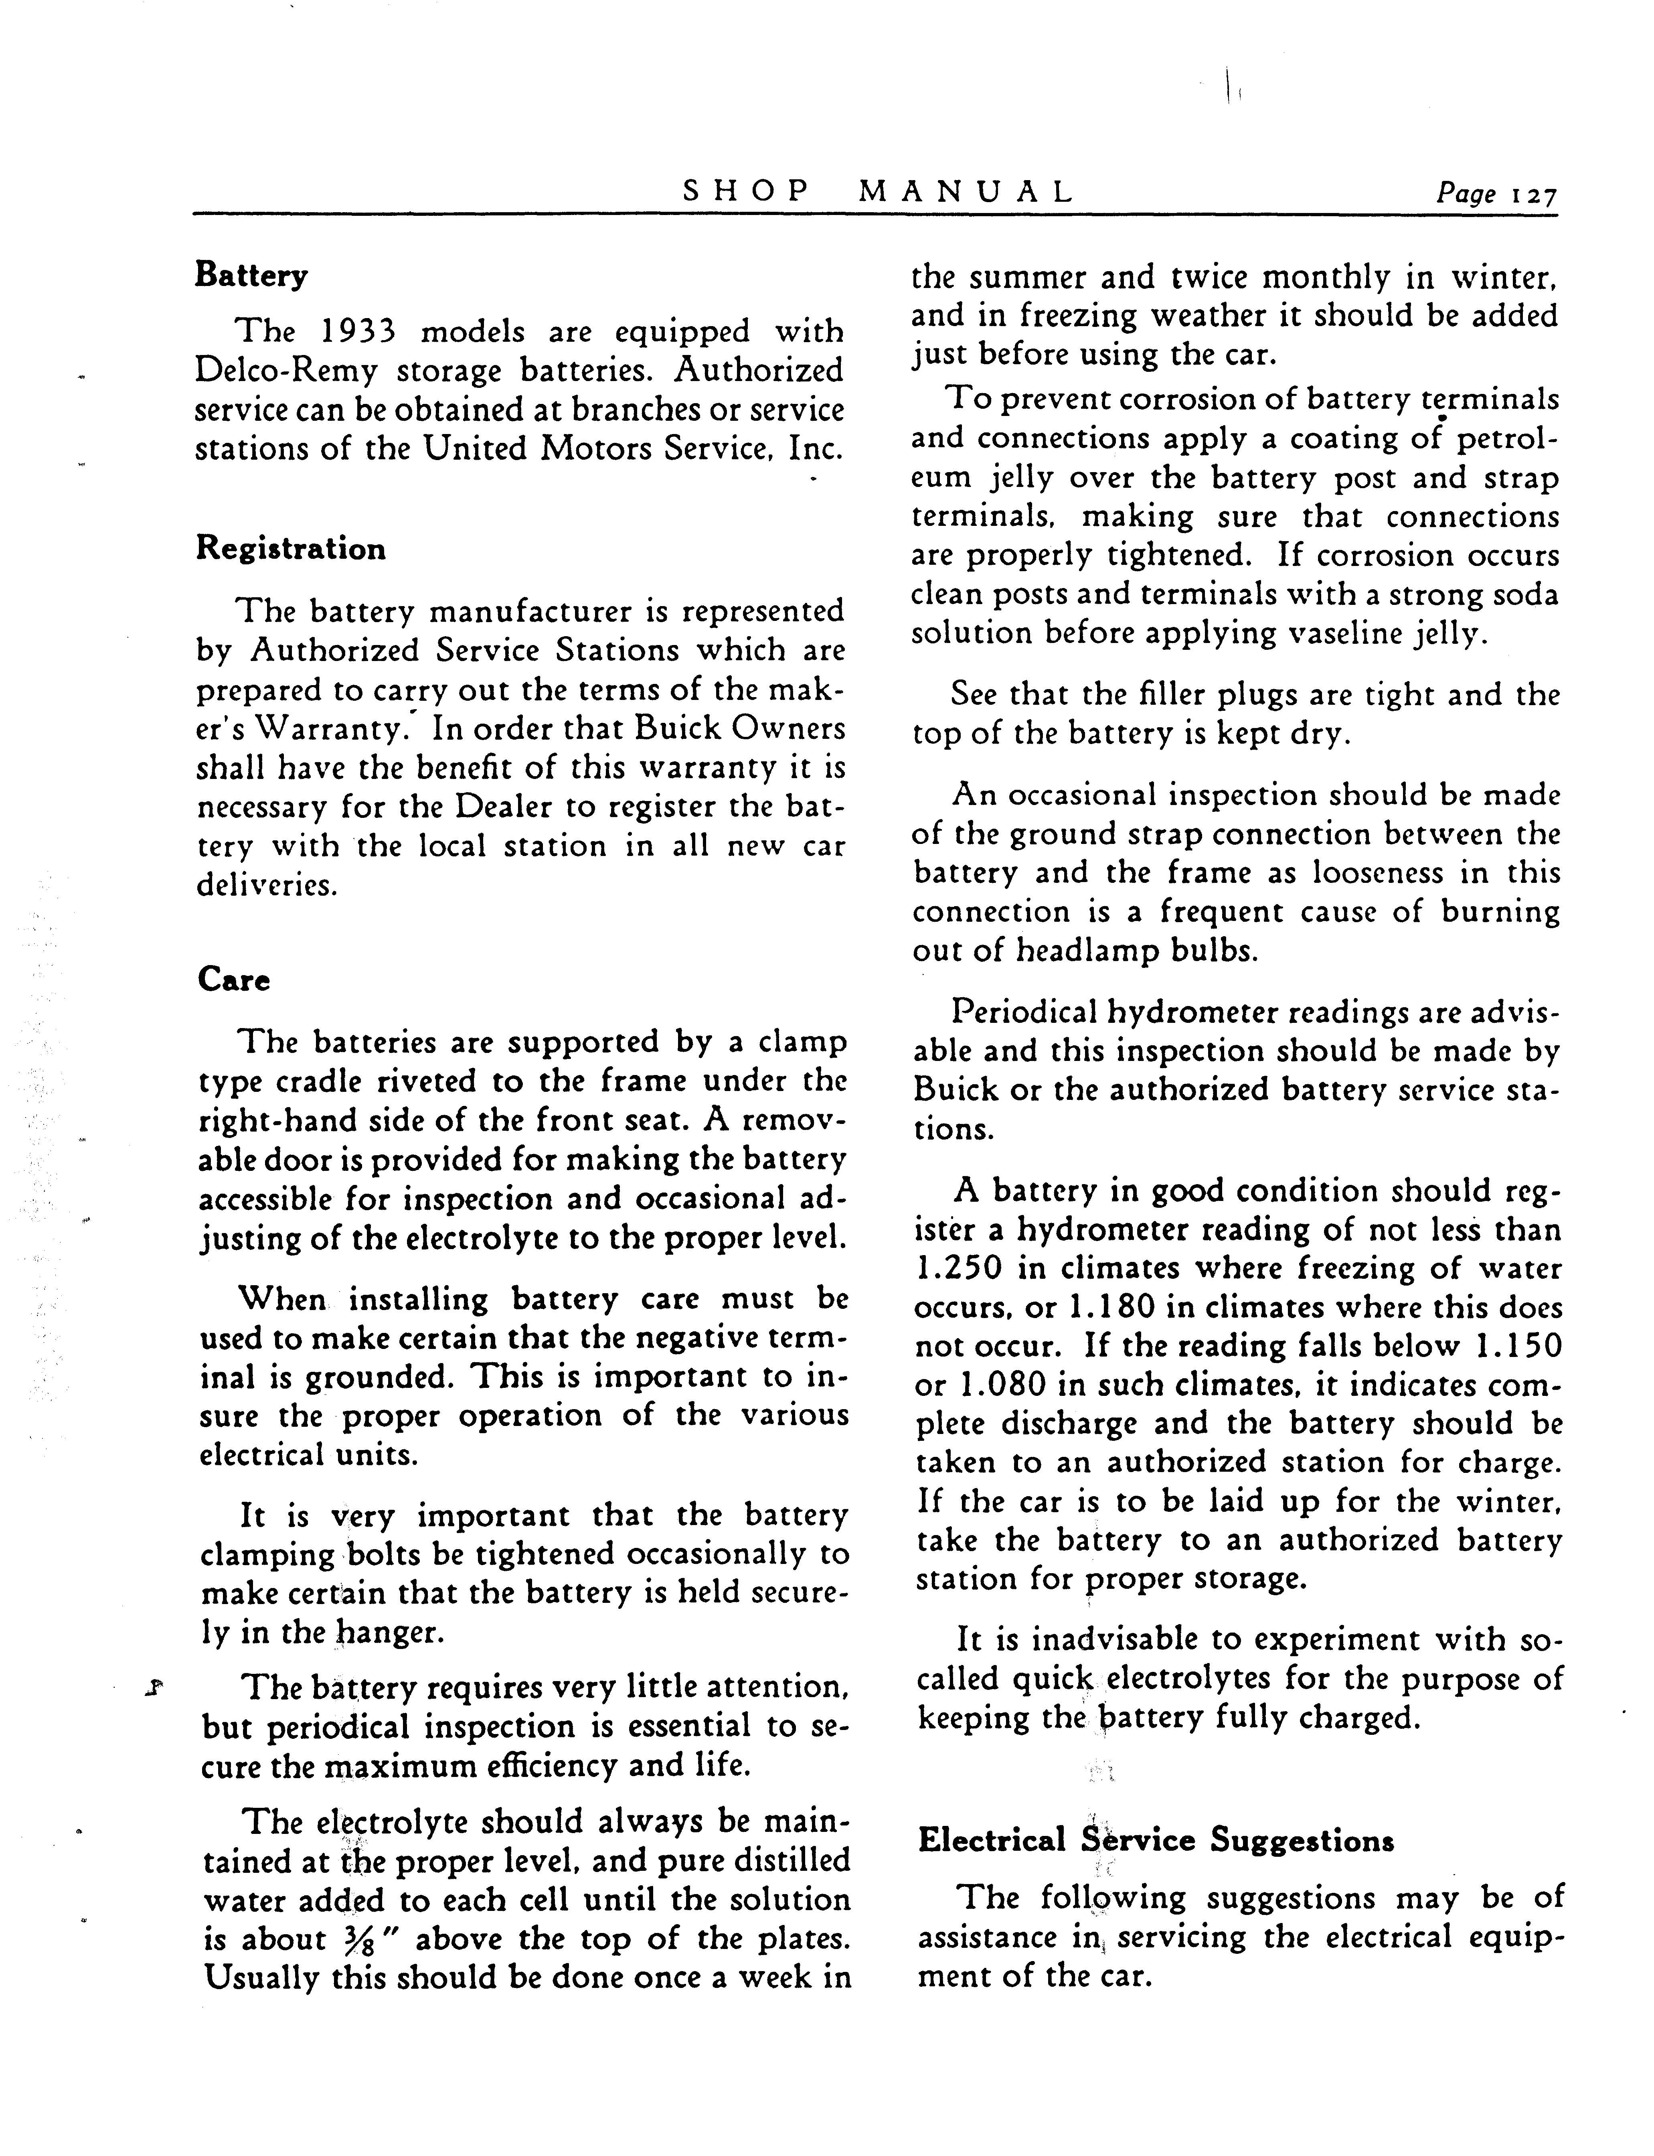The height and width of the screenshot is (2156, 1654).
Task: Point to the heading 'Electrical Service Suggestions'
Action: click(x=1155, y=1840)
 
